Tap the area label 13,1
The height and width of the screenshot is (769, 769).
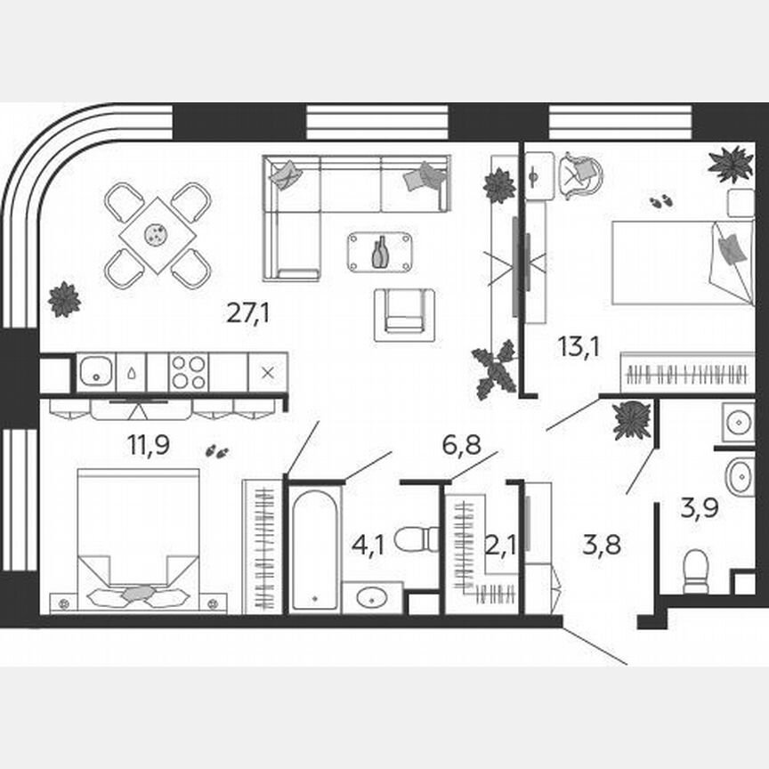(x=579, y=345)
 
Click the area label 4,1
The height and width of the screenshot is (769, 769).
(x=368, y=544)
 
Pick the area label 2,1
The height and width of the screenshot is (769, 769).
(x=500, y=544)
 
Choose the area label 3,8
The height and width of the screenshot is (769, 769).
(x=603, y=544)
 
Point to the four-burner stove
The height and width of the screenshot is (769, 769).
(x=188, y=372)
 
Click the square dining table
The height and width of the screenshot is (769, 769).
(x=158, y=235)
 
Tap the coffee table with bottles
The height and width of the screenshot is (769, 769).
(x=380, y=252)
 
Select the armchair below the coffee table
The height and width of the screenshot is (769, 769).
(x=404, y=314)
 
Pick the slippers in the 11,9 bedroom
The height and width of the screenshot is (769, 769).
(x=215, y=451)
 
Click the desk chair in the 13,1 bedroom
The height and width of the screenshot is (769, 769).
(x=580, y=174)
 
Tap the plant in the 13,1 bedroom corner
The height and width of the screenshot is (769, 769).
(x=730, y=164)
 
